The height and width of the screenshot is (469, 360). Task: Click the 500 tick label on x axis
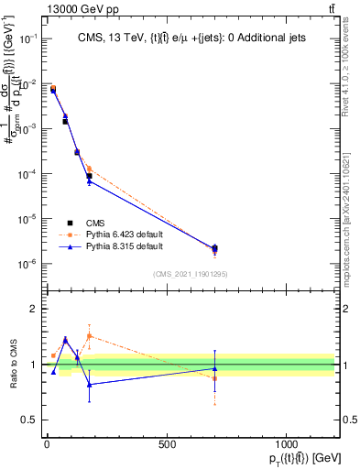point(167,444)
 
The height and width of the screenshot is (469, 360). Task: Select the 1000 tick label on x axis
point(287,444)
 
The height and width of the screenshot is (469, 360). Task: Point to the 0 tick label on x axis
point(47,444)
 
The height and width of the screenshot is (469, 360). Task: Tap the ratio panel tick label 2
point(33,309)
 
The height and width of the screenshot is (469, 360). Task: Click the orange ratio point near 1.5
point(89,335)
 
